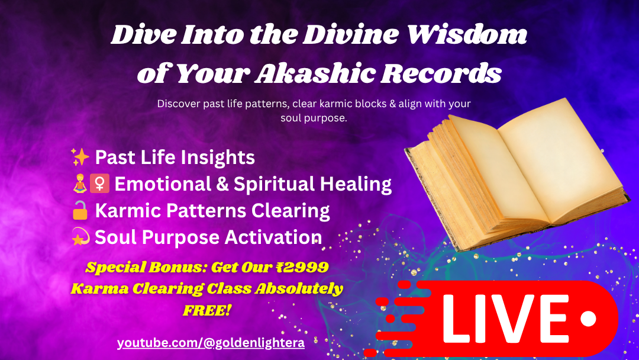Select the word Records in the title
click(441, 73)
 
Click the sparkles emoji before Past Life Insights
click(80, 157)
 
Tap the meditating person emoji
click(80, 184)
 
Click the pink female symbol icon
click(100, 184)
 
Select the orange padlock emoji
click(80, 210)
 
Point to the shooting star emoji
click(80, 237)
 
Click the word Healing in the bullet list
click(356, 184)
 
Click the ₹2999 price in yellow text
click(302, 267)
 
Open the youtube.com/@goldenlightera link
click(211, 343)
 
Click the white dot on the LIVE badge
click(588, 319)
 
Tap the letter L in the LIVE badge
click(459, 319)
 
